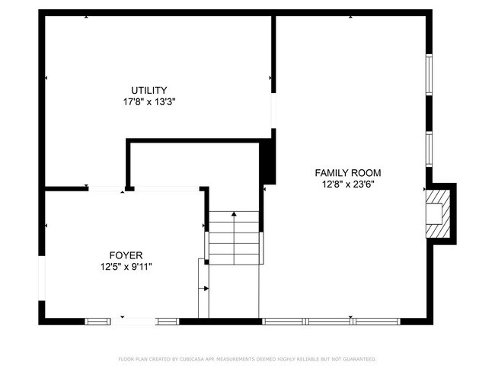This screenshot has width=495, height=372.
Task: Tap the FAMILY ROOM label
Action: [348, 173]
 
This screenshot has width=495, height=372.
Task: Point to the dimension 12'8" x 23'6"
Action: [348, 184]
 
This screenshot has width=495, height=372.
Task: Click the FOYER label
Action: [126, 255]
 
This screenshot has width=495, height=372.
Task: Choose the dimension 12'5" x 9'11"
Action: [126, 267]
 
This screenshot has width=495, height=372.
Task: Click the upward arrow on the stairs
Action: [234, 216]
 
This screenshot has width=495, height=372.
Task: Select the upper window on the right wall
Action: [429, 75]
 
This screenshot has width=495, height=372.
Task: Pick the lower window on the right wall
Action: [429, 149]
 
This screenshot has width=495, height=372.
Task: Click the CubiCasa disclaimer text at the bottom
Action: [247, 358]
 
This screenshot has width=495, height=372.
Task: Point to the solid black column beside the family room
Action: [267, 162]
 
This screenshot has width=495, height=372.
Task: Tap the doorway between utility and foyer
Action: [107, 188]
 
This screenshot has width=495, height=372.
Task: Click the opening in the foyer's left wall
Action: [42, 279]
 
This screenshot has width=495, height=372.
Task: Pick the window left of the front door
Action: [97, 321]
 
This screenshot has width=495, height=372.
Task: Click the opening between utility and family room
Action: [273, 111]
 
